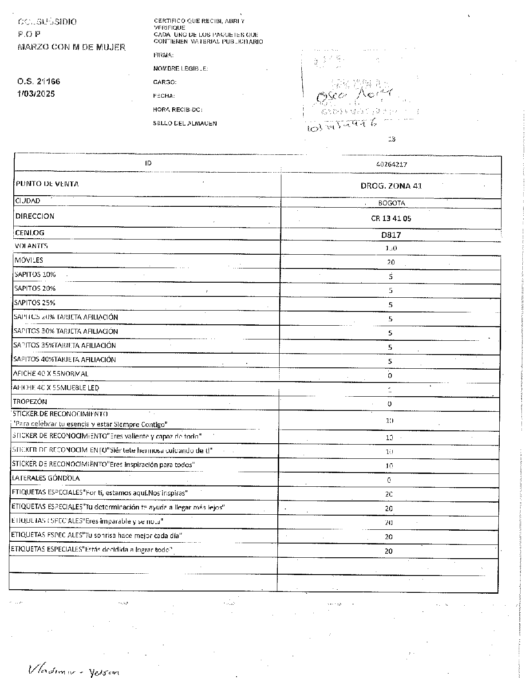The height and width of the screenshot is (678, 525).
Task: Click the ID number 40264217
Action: (x=391, y=164)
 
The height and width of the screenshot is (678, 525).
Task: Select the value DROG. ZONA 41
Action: (x=391, y=186)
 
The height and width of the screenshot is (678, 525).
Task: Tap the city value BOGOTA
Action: (x=391, y=203)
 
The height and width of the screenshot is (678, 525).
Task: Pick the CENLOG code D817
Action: (x=391, y=235)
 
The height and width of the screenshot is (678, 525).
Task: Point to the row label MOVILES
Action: (x=29, y=260)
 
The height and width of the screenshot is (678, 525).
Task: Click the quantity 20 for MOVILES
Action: (x=391, y=263)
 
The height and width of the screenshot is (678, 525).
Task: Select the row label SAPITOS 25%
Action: (x=35, y=303)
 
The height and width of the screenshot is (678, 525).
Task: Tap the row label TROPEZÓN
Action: (x=30, y=402)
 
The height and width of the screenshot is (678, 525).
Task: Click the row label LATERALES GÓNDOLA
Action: (x=46, y=478)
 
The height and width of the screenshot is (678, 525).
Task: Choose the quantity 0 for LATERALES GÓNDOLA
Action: (x=389, y=480)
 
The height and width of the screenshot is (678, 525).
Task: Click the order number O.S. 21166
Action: (x=39, y=82)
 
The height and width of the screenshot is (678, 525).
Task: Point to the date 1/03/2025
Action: (x=36, y=94)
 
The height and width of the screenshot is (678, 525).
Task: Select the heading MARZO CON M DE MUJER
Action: (x=71, y=47)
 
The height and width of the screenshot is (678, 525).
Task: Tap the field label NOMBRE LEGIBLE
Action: (x=180, y=69)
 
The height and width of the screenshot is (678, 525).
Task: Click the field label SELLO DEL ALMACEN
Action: (x=185, y=123)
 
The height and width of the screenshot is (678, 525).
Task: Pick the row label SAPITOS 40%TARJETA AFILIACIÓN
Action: (x=65, y=359)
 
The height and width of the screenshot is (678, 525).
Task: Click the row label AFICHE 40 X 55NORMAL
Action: (x=51, y=374)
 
